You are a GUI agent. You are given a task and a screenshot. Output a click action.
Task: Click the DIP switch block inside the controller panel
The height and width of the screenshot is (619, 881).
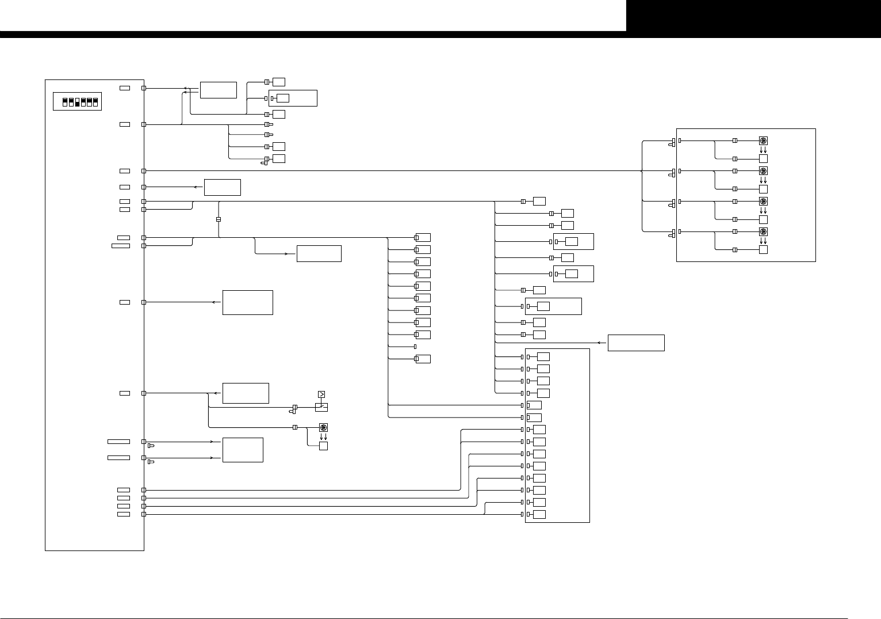[x=77, y=101]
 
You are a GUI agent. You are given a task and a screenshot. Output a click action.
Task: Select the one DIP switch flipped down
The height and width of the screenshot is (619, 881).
[x=77, y=102]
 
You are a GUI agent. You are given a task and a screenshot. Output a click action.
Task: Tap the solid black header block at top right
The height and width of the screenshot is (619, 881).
[x=753, y=16]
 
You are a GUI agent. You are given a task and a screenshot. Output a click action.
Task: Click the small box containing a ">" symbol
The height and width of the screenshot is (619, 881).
[x=321, y=394]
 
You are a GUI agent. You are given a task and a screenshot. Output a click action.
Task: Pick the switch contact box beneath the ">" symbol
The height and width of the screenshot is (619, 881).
[x=321, y=407]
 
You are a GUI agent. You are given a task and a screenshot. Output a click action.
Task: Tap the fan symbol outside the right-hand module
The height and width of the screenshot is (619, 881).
[x=323, y=427]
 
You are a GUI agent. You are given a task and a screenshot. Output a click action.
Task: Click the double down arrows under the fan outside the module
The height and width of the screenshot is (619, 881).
[x=323, y=436]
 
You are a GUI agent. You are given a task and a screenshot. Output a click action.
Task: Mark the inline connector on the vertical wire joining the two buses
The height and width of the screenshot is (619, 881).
[x=219, y=219]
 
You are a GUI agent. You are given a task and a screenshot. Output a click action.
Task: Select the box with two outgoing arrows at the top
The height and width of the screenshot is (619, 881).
[x=218, y=90]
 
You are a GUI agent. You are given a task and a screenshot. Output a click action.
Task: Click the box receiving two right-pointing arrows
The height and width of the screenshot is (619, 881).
[x=243, y=450]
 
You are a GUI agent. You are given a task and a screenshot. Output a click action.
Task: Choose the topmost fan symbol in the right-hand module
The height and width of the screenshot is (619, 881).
[x=763, y=140]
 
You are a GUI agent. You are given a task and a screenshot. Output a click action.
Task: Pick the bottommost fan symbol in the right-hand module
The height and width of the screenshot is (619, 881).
[x=763, y=231]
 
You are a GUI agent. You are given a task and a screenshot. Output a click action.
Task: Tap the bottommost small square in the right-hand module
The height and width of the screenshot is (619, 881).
[x=763, y=250]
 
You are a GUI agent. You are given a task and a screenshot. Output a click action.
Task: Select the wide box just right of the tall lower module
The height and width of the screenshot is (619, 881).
[x=636, y=343]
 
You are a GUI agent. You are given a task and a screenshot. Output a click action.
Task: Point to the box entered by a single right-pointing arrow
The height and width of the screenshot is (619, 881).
[x=319, y=253]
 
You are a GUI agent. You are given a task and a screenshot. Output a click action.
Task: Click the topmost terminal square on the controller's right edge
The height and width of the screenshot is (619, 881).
[x=144, y=88]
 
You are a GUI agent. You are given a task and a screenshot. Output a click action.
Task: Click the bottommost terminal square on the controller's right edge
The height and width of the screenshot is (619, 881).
[x=144, y=514]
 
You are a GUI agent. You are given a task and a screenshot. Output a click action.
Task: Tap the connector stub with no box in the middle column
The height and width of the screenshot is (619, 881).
[x=415, y=346]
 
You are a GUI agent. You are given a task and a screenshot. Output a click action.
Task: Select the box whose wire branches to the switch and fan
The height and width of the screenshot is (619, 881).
[x=246, y=393]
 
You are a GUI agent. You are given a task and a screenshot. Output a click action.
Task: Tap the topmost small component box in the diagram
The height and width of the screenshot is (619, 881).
[x=279, y=82]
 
